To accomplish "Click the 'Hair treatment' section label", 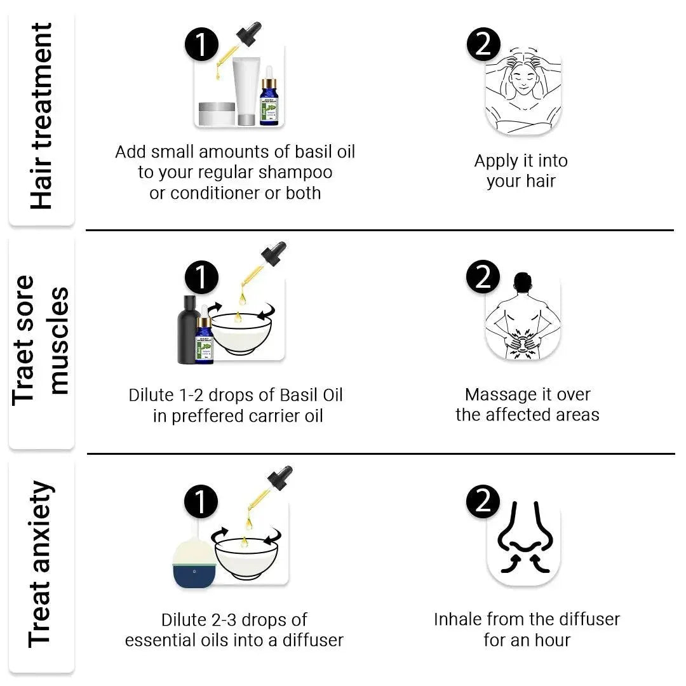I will (41, 117).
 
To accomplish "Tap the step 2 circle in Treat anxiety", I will (483, 501).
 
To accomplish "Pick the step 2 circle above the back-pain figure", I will (483, 278).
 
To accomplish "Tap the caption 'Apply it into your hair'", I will (521, 171).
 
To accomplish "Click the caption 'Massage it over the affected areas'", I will (527, 405).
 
